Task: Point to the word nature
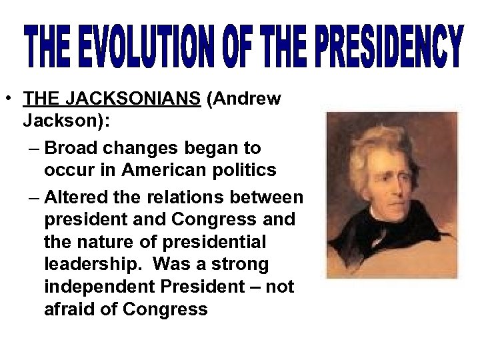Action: pyautogui.click(x=105, y=243)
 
